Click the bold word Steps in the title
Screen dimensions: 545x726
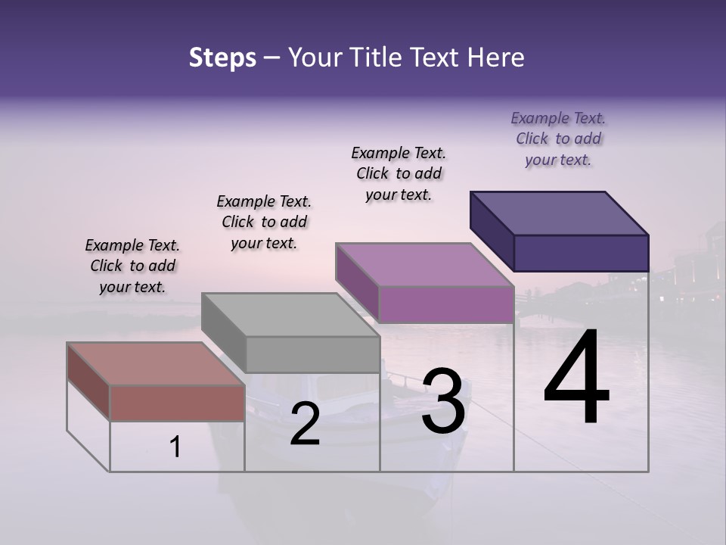[222, 58]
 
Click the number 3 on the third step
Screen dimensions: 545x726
[443, 401]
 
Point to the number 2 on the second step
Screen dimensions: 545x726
[305, 425]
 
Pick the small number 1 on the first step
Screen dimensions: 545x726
[175, 447]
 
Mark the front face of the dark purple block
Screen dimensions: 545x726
[581, 253]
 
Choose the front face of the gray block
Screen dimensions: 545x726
[312, 354]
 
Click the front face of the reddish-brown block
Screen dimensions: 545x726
[177, 403]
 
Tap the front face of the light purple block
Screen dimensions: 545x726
[446, 304]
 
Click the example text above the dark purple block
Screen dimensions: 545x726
[558, 139]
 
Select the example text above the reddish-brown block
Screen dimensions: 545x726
[132, 266]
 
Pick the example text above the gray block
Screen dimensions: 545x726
[264, 223]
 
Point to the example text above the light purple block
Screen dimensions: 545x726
[399, 174]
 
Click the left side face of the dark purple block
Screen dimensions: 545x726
[492, 231]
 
